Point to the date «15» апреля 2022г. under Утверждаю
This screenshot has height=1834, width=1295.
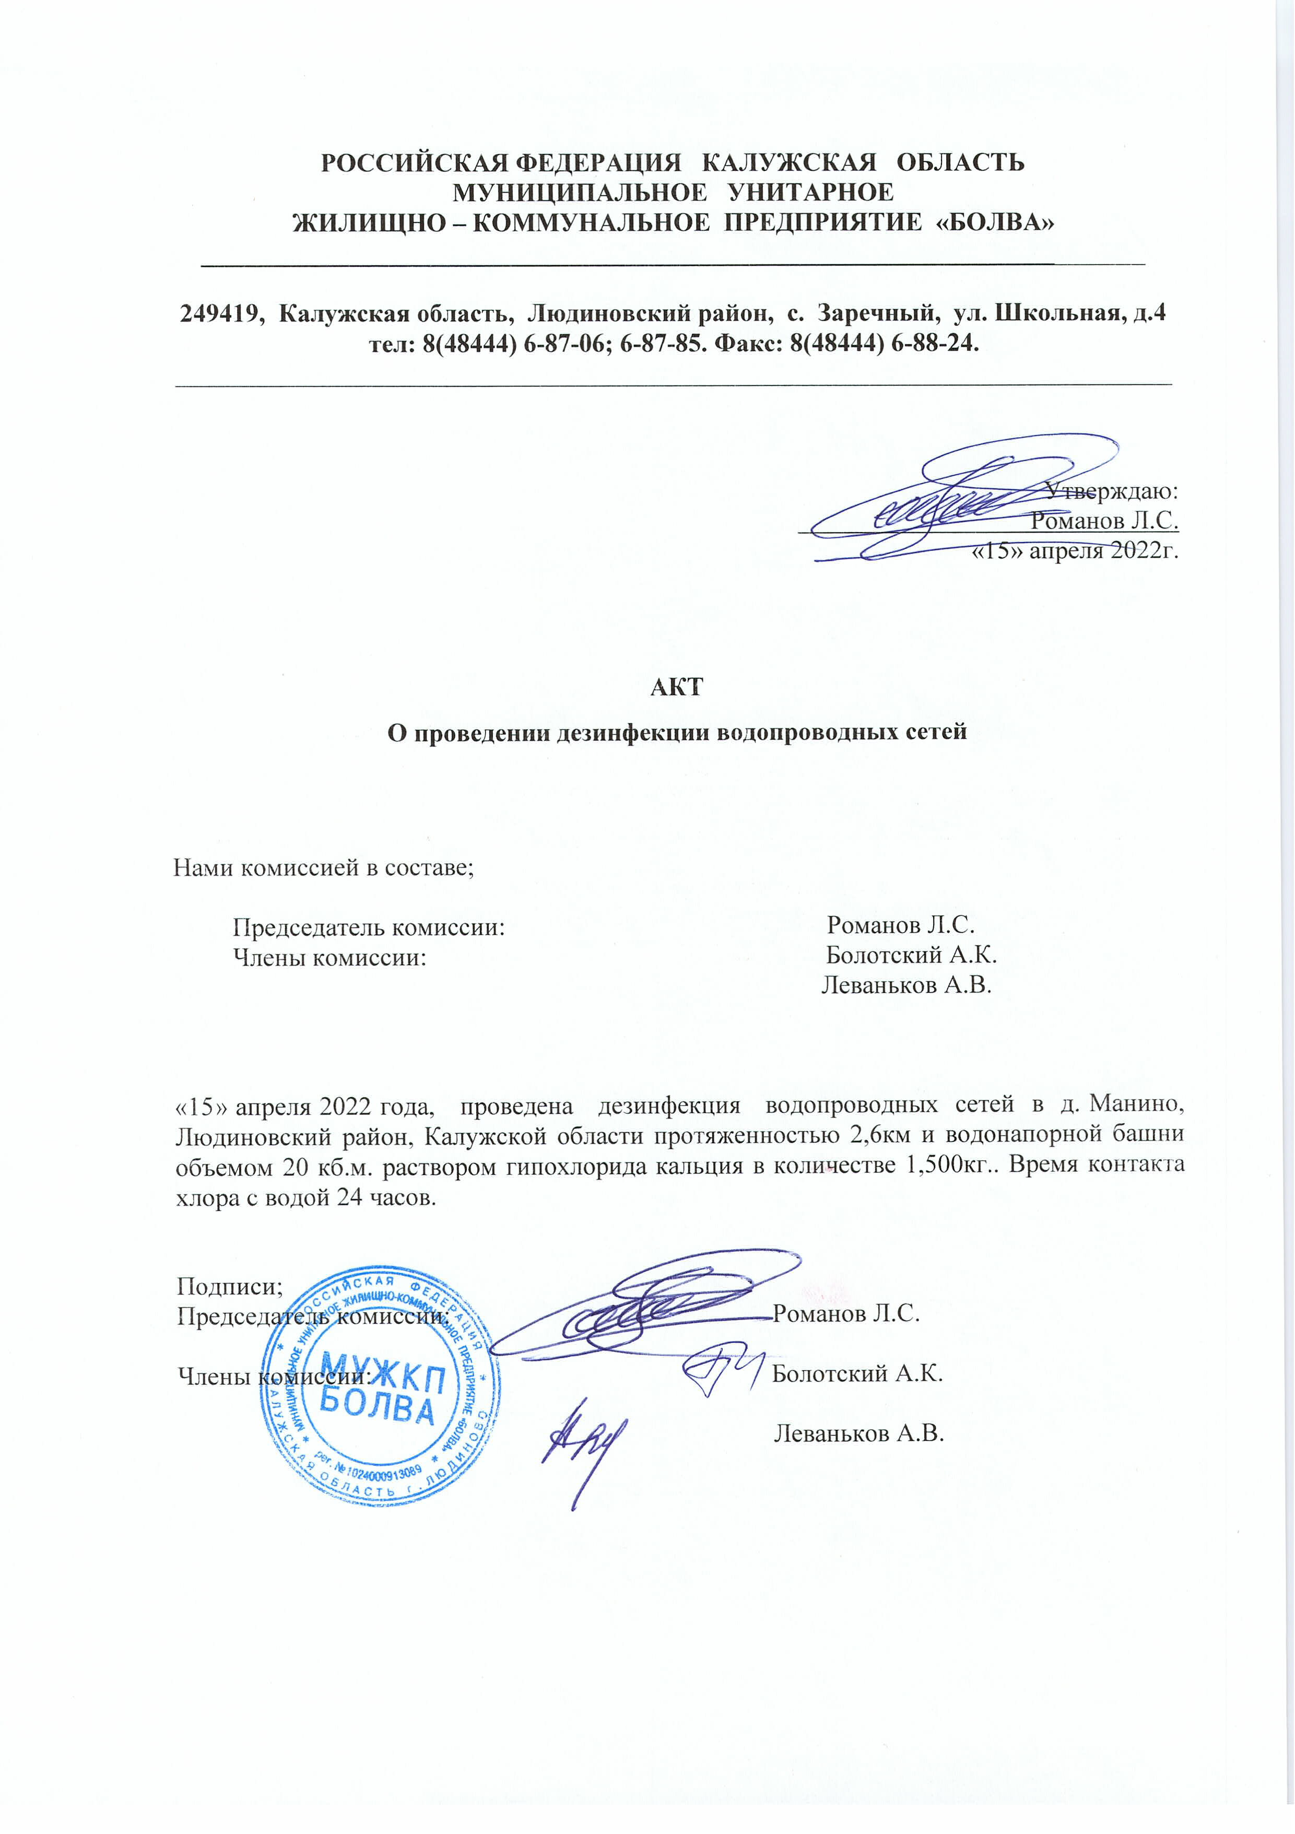click(1075, 551)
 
